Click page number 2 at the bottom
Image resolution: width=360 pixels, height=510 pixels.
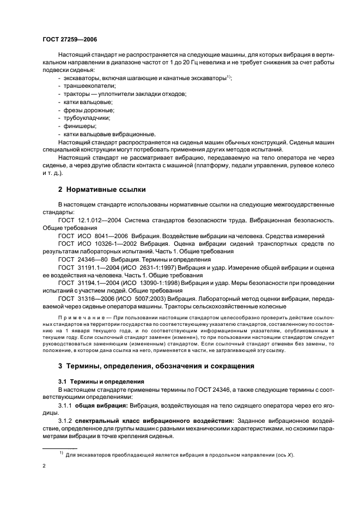pos(44,466)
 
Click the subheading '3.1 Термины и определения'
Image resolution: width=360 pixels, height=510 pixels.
pos(94,381)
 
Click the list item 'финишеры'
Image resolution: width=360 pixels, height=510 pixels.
pos(78,125)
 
